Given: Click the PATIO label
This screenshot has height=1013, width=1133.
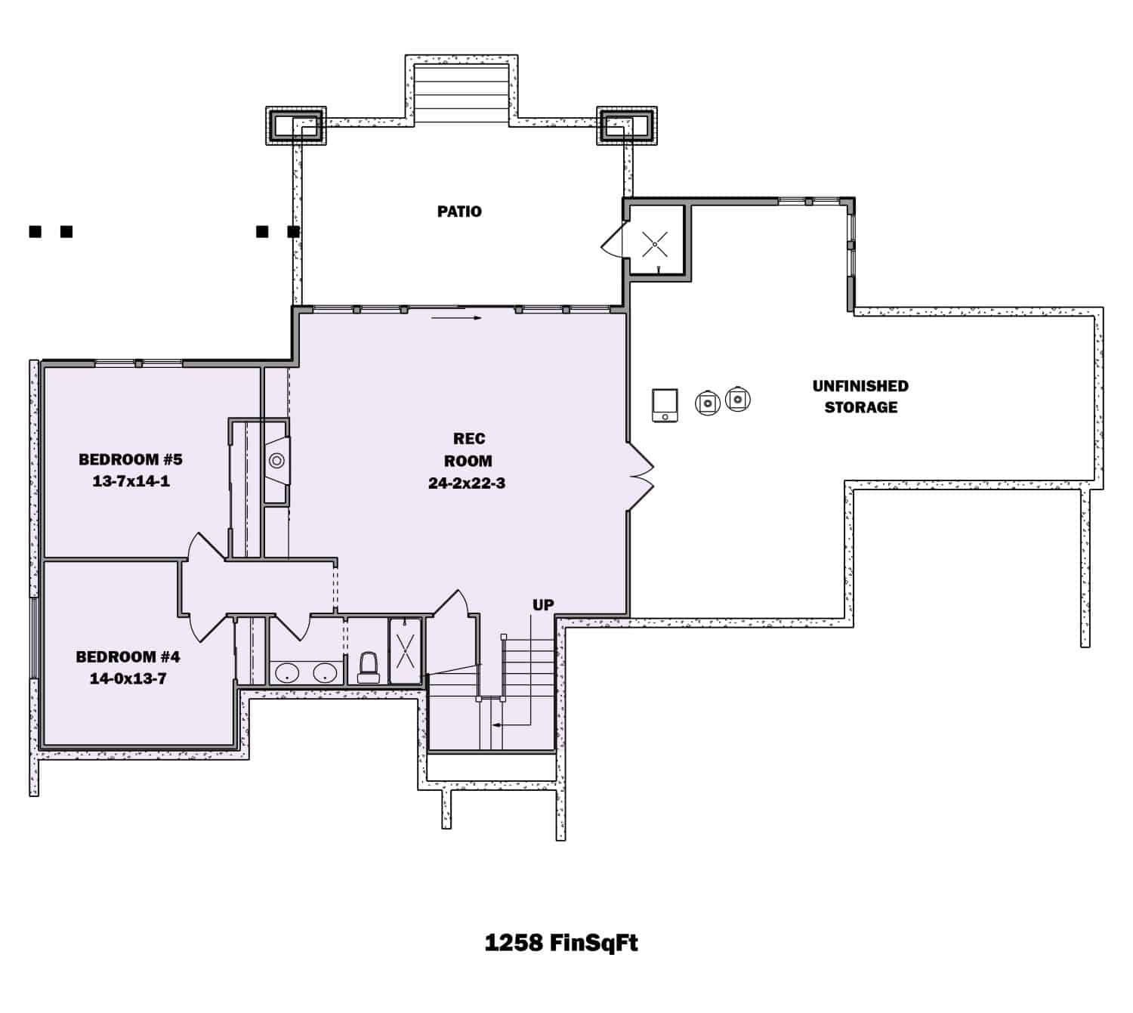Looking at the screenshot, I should (459, 212).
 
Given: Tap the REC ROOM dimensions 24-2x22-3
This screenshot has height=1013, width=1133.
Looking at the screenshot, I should (467, 483).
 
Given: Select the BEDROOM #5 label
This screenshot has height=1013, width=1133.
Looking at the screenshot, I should (131, 459).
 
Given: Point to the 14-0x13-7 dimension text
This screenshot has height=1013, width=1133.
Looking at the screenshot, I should (128, 678).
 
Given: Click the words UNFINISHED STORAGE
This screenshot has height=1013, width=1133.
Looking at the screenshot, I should (860, 397).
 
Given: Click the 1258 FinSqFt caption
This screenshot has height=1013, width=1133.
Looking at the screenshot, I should (561, 943).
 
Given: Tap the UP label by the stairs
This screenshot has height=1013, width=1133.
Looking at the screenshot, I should (543, 605).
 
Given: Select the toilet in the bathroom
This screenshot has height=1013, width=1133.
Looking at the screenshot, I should (369, 668).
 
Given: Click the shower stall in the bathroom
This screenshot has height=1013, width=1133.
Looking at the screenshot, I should (406, 650).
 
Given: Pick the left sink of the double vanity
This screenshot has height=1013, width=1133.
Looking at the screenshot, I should (287, 673).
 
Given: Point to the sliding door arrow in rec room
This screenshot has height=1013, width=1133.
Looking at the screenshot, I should (457, 318).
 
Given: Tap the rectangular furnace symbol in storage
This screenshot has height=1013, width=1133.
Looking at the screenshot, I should (665, 405).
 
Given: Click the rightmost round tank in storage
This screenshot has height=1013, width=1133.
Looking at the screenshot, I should (738, 399).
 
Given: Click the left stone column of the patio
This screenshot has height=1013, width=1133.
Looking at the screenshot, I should (295, 125).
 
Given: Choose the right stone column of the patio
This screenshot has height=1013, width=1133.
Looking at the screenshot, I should (627, 125).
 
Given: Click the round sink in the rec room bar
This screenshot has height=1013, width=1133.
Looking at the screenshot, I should (276, 460).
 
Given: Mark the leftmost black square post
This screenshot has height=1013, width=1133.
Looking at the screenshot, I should (35, 231).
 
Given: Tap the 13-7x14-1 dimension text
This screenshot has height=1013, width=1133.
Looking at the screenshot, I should (131, 481).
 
